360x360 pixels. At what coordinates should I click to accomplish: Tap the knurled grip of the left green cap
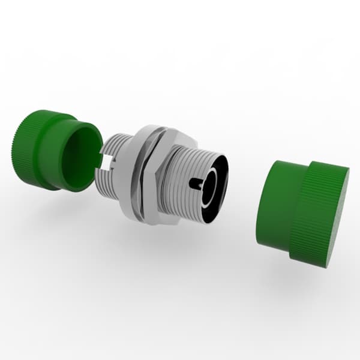tap(27, 147)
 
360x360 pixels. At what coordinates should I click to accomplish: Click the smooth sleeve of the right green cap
tap(276, 204)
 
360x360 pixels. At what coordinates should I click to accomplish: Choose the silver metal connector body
tap(162, 177)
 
